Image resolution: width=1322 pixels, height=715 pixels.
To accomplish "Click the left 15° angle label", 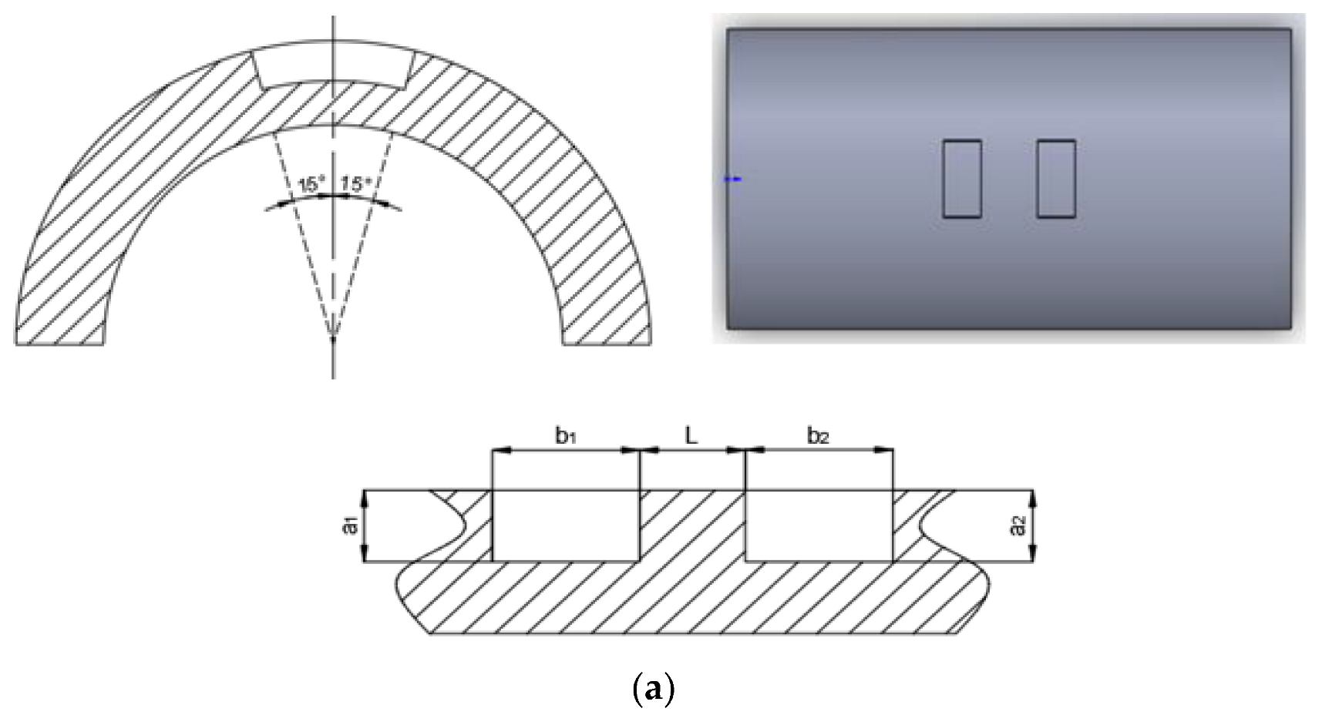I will coord(311,185).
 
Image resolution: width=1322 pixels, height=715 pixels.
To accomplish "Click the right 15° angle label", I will coord(356,185).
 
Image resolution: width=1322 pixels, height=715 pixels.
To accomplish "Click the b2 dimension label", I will coord(818,436).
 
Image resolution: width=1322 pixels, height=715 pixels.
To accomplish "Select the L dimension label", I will coord(691,436).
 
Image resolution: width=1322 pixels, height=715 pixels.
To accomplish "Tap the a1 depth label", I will coord(351,526).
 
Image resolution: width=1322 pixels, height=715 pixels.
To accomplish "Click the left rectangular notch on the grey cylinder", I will coord(961,179).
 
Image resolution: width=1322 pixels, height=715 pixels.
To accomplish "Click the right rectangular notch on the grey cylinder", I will coord(1055,179).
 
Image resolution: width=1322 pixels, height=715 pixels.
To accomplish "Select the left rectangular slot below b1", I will coord(565,525).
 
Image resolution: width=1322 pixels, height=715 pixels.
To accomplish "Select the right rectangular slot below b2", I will coord(818,525).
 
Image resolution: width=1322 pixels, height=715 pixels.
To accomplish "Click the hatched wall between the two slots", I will coord(691,525).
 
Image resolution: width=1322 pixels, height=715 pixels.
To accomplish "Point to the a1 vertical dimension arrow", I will coord(366,526).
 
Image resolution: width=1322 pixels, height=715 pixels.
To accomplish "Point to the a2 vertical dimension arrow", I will coord(1034,526).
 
